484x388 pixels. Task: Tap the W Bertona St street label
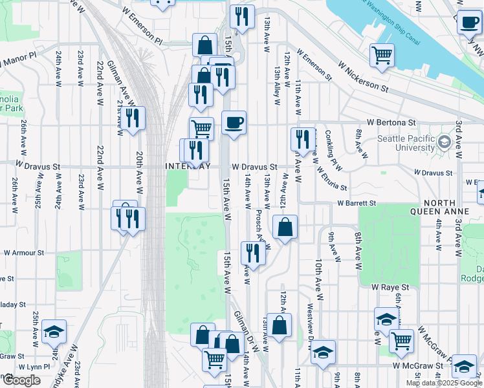tap(391, 122)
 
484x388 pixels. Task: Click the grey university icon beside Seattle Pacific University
tap(444, 141)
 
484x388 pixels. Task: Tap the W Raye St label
tap(391, 286)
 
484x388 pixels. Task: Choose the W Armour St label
tap(23, 253)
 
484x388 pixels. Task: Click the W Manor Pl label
tap(19, 61)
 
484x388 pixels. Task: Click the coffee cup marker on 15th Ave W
tap(234, 122)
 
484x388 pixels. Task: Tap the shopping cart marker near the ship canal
tap(382, 54)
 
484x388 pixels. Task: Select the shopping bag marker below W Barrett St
tap(285, 227)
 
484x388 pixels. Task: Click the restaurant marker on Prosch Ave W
tap(253, 253)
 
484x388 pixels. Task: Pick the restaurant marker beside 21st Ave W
tap(133, 118)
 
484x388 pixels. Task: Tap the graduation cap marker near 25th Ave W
tap(54, 332)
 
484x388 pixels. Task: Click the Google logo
tap(21, 380)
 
